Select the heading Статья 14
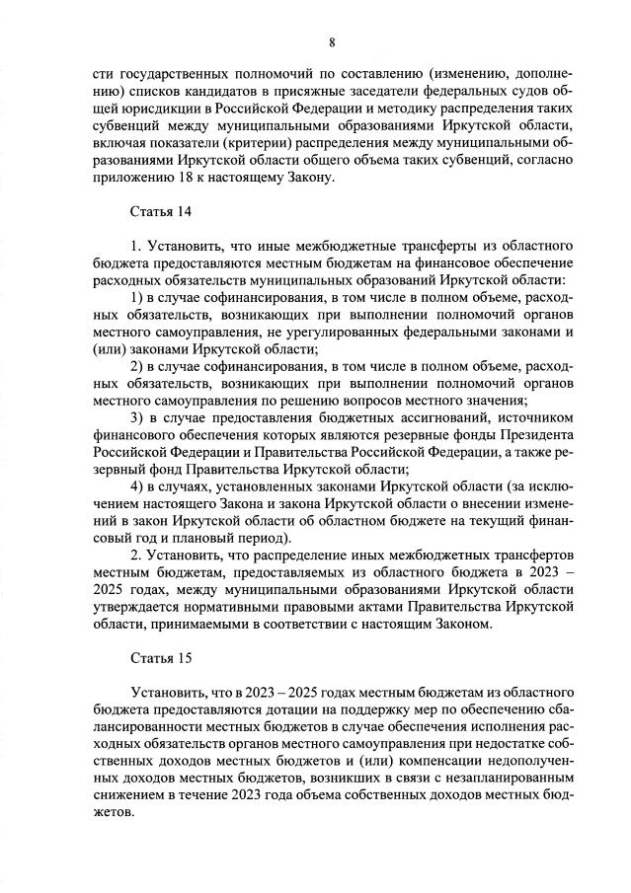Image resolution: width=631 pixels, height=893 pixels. tap(163, 211)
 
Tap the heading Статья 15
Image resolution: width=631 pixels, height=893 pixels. tap(163, 656)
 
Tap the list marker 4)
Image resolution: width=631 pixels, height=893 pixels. tap(139, 486)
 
